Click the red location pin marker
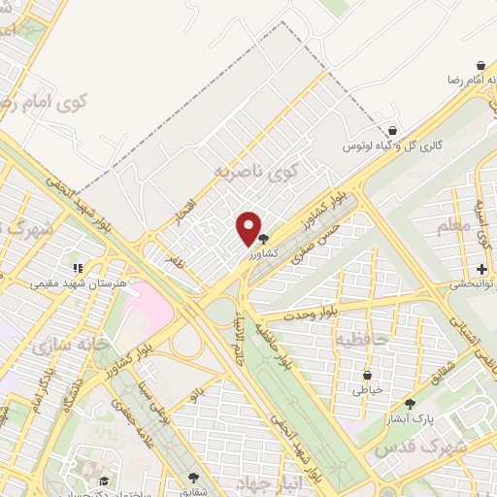(x=248, y=229)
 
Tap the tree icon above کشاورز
(x=263, y=238)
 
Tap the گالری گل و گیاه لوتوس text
(x=393, y=146)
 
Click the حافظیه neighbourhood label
(x=362, y=340)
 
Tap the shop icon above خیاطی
(x=367, y=375)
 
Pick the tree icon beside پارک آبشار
(x=410, y=404)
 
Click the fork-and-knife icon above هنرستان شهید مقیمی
(x=78, y=269)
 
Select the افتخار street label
(x=184, y=209)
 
